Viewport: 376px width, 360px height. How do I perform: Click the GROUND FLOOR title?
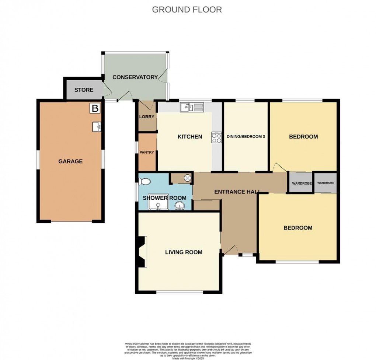(x=187, y=10)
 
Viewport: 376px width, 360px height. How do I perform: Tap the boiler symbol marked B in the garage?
(x=95, y=108)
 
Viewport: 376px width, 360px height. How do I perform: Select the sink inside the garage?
(x=97, y=127)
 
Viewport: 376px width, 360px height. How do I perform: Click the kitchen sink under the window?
(x=191, y=107)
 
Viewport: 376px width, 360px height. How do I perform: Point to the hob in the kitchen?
(x=216, y=137)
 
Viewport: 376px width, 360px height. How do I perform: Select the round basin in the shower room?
(x=180, y=206)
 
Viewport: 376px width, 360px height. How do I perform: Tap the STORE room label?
(x=84, y=90)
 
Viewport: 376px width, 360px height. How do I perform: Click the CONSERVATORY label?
(x=135, y=77)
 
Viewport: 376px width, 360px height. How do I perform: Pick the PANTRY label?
(x=147, y=152)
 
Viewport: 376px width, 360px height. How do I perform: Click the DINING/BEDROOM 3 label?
(x=246, y=137)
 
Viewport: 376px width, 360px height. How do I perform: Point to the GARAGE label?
(x=70, y=161)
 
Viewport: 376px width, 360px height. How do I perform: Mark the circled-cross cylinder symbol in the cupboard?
(x=187, y=178)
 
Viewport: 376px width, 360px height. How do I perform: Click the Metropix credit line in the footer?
(x=188, y=357)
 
